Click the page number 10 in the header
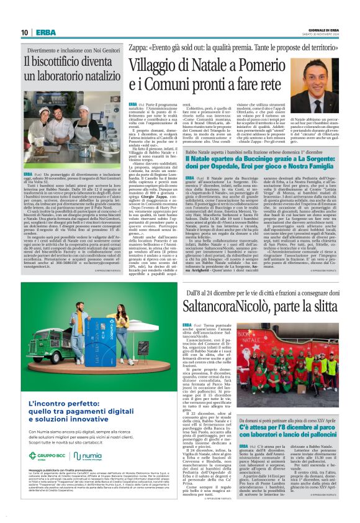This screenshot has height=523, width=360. tap(24, 32)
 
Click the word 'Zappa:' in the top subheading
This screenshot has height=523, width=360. tap(138, 45)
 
